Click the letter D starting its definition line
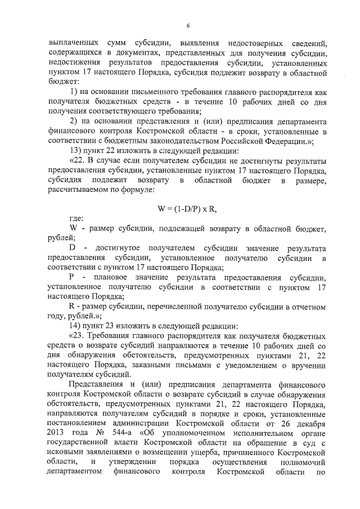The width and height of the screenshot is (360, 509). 72,248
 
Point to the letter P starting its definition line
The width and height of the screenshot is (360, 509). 71,277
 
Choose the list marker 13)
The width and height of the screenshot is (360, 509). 75,151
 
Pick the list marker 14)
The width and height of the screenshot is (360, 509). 75,326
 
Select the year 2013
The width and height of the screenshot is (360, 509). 61,433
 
